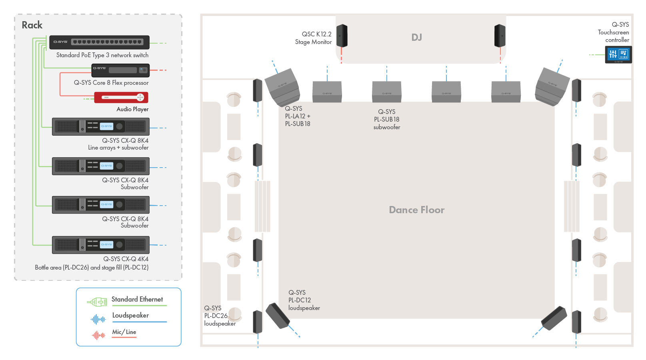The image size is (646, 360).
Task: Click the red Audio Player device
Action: [121, 97]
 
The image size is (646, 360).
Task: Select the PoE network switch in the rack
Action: [99, 42]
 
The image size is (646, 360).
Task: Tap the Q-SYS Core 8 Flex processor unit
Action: [120, 70]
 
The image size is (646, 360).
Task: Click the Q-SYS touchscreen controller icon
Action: [618, 54]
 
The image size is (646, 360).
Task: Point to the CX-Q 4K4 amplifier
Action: [101, 245]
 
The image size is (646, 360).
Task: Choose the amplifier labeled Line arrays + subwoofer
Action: [101, 127]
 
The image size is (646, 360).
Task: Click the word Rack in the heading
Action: [32, 25]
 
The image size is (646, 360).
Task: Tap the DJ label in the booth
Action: [416, 38]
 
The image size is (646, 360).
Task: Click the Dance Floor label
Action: [416, 210]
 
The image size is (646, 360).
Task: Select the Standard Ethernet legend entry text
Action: [137, 299]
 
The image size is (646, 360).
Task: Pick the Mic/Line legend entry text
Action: [124, 332]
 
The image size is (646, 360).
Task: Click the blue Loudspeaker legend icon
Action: [98, 319]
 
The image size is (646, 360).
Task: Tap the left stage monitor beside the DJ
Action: [342, 36]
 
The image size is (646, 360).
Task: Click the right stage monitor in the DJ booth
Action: [500, 36]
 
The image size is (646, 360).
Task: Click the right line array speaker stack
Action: [552, 86]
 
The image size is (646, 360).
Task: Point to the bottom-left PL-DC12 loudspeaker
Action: [278, 316]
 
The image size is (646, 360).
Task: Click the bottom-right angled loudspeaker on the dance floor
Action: [554, 318]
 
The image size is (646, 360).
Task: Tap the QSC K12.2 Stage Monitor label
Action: [314, 38]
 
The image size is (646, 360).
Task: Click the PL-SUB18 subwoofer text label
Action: [386, 119]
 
